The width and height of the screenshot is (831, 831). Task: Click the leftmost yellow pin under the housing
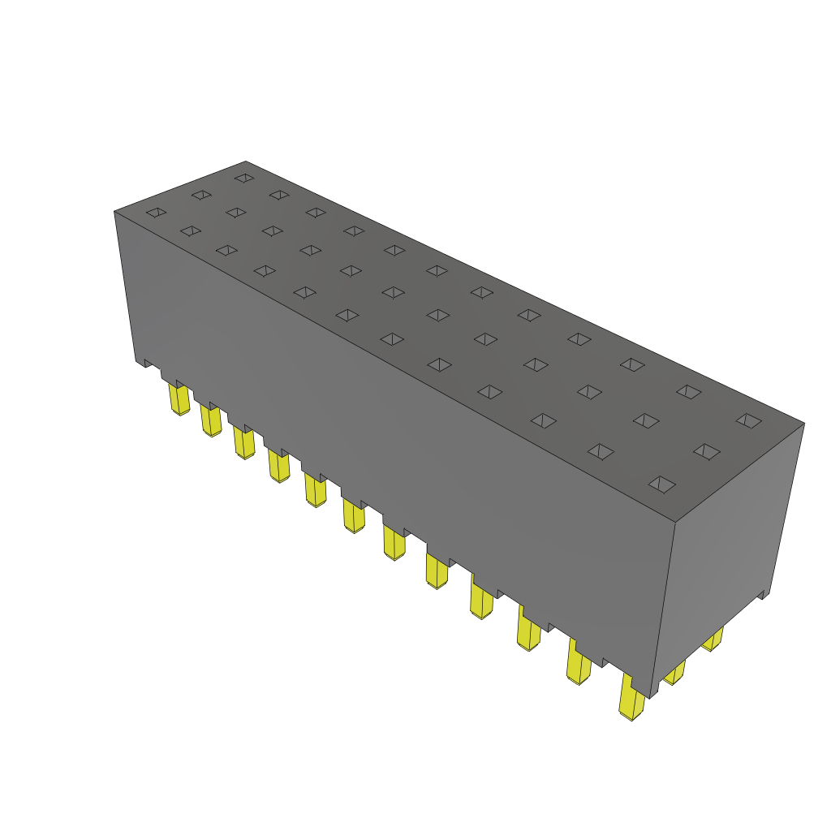[179, 400]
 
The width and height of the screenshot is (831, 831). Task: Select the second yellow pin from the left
[210, 420]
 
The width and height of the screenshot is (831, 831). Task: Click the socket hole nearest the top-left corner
[156, 213]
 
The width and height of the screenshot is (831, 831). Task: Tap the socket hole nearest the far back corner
[243, 177]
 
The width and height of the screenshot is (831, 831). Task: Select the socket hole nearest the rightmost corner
[748, 420]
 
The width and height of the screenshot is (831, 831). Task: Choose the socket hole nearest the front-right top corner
[663, 484]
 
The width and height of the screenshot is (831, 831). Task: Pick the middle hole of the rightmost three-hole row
[706, 451]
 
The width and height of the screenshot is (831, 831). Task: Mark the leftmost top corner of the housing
[114, 212]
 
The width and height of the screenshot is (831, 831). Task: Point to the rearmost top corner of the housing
[246, 161]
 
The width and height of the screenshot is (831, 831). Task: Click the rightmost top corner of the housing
[803, 423]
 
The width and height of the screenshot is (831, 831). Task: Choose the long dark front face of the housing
[390, 438]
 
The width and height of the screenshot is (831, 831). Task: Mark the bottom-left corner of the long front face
[136, 361]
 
